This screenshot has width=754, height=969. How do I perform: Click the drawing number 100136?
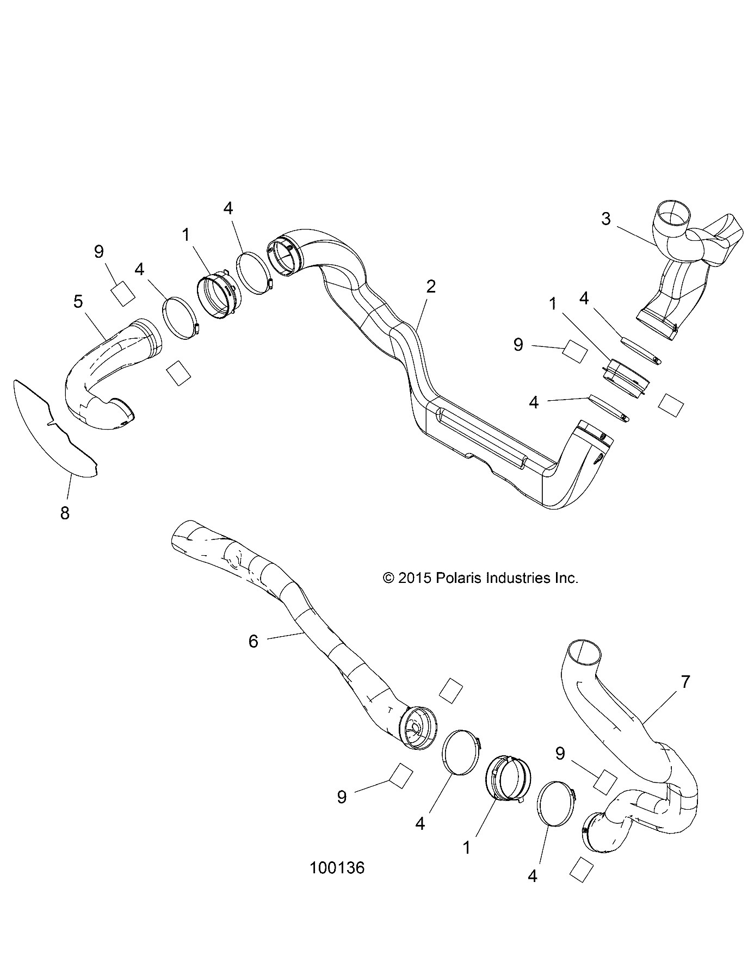click(x=337, y=883)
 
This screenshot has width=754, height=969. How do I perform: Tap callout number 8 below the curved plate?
click(x=65, y=513)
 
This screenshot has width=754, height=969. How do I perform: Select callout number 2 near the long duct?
click(x=431, y=287)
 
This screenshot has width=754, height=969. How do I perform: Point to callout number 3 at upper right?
click(x=605, y=219)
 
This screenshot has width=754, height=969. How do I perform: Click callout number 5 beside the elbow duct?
click(x=78, y=301)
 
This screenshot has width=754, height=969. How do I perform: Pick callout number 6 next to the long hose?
click(x=253, y=642)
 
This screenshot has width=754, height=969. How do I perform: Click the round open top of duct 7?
click(x=585, y=653)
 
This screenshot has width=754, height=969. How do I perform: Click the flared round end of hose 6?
click(x=418, y=728)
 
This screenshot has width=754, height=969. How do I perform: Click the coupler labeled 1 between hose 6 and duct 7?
click(x=506, y=778)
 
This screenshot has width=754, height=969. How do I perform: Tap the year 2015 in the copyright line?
click(x=414, y=578)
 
